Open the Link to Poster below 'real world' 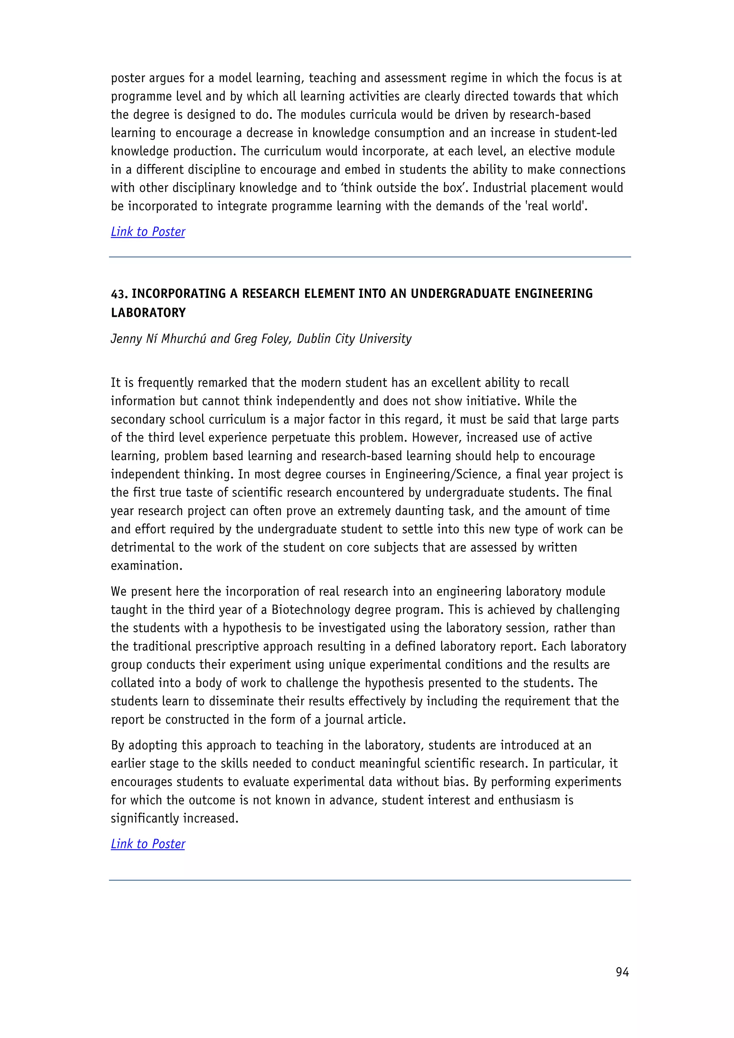coord(148,232)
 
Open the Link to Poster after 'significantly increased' coord(148,844)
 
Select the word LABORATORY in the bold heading coord(148,313)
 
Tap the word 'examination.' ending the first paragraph coord(147,566)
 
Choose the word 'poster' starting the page coord(128,78)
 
